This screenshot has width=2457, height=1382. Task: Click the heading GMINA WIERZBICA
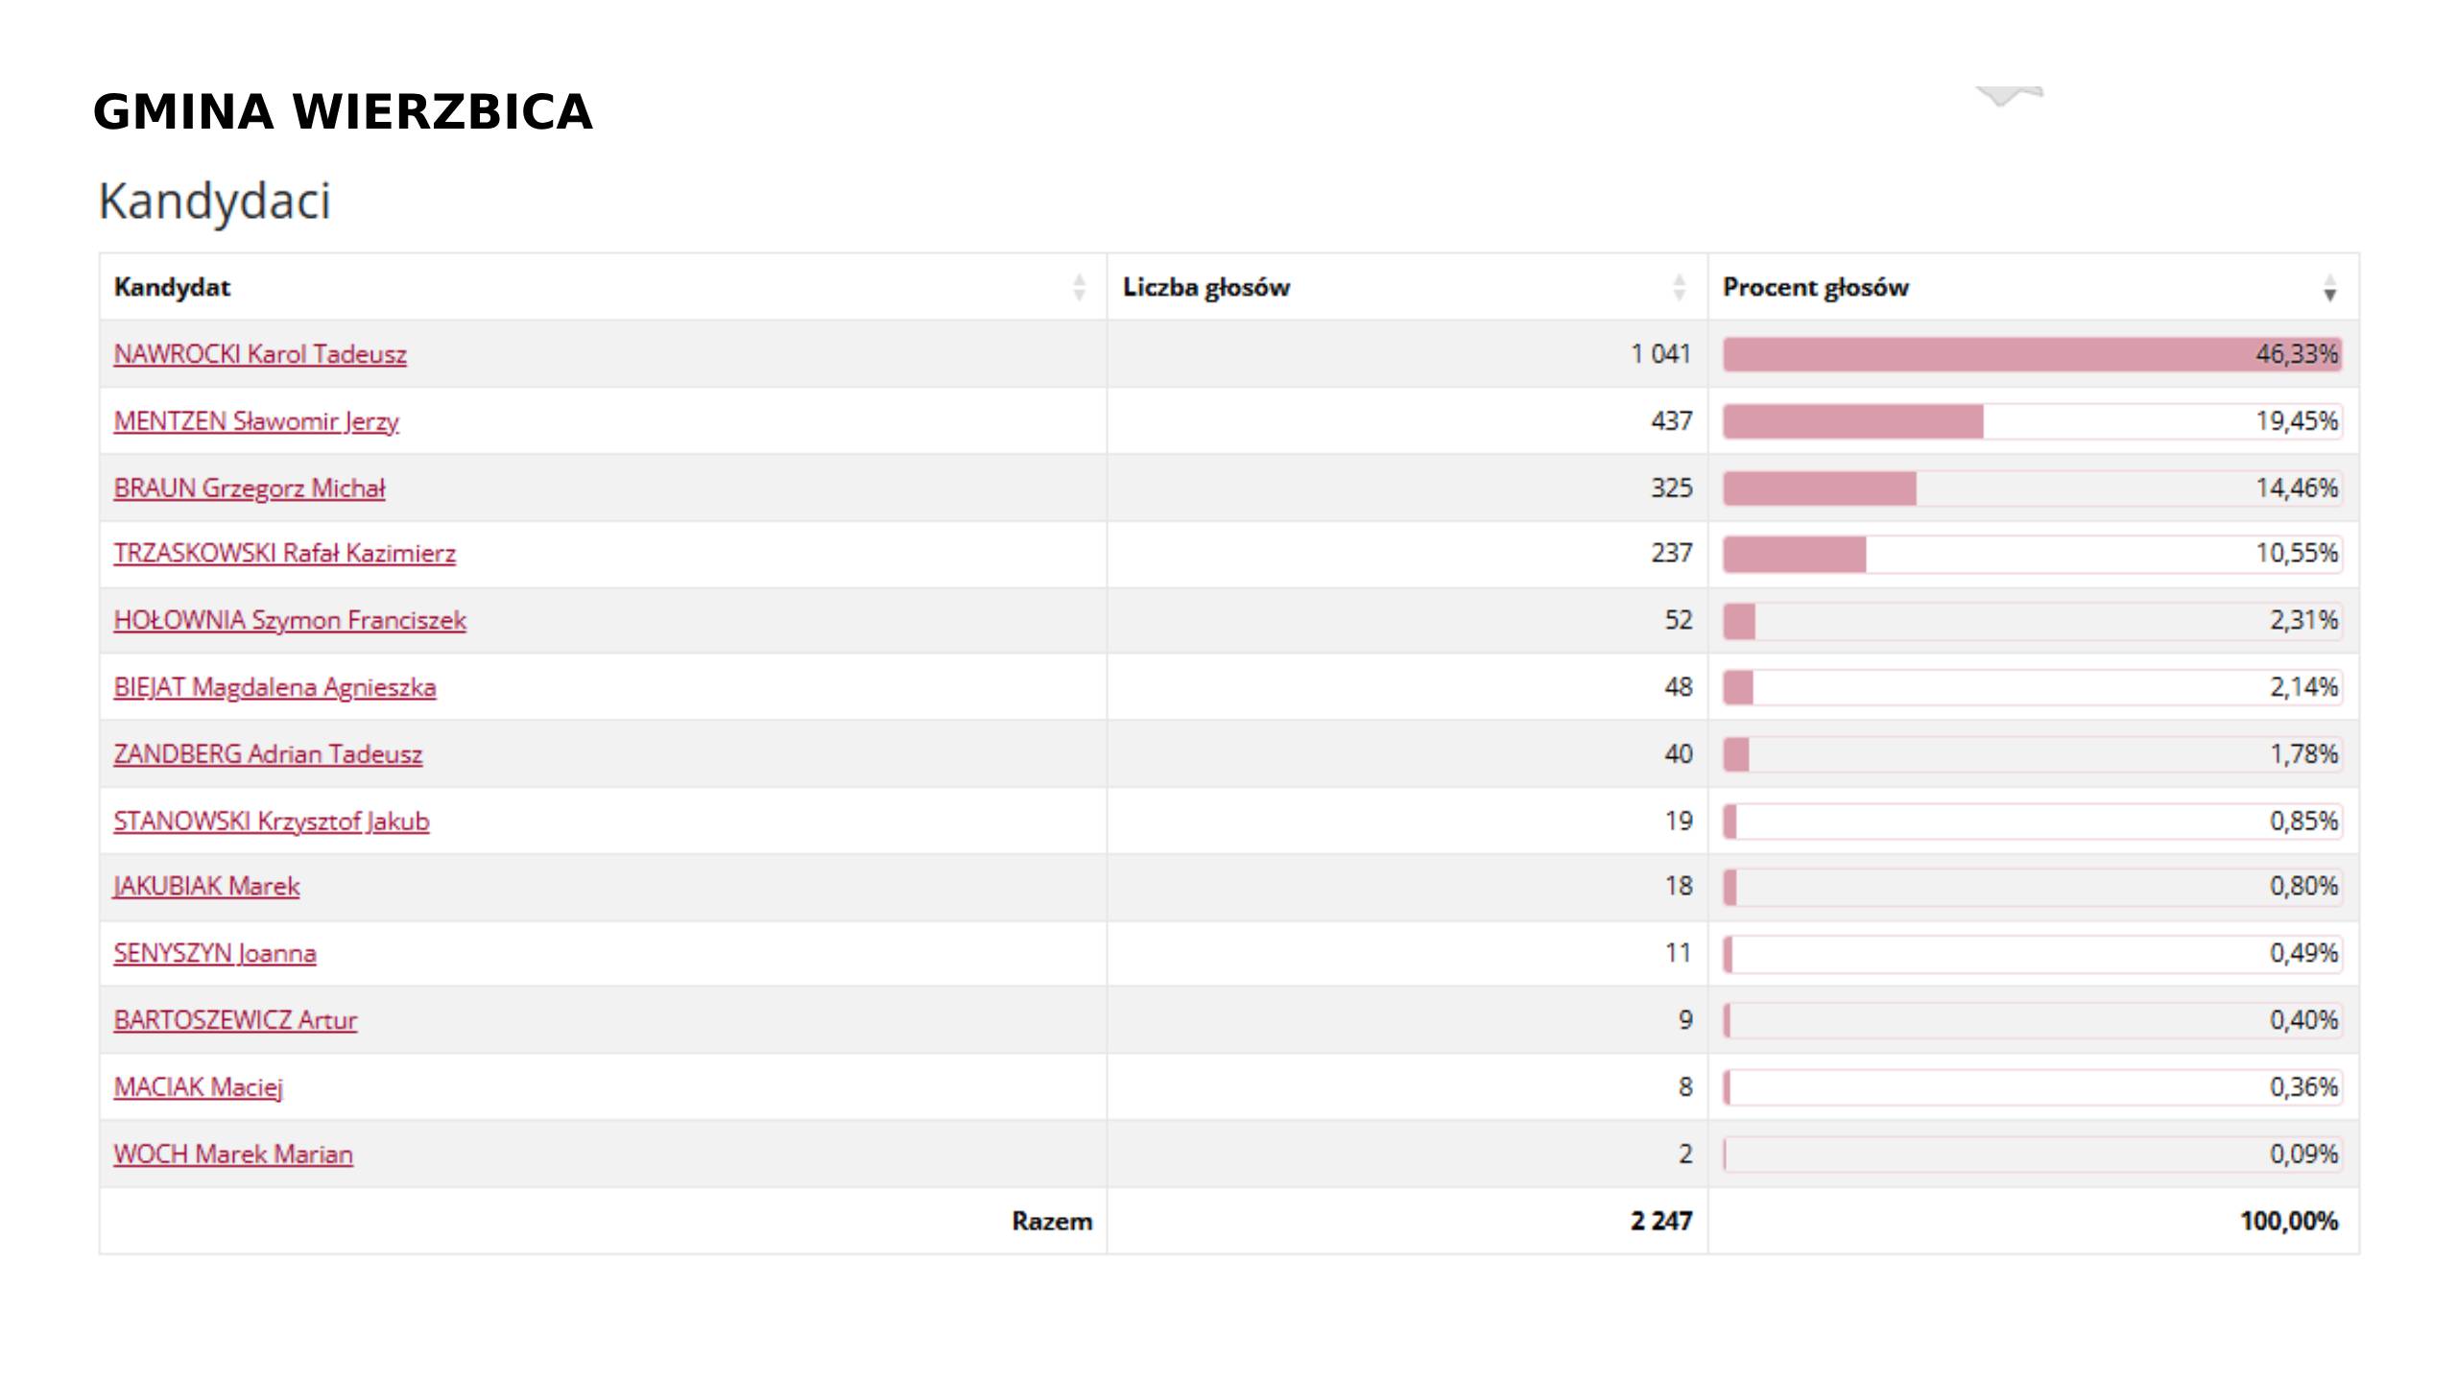343,112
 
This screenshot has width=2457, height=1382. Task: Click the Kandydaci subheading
214,202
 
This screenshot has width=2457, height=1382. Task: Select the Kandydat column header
173,287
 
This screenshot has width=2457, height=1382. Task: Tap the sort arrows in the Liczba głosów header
1679,287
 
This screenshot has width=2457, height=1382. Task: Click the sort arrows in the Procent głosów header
2329,287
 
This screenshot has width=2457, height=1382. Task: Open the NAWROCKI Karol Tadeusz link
260,354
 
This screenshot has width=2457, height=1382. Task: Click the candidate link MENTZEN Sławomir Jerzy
256,421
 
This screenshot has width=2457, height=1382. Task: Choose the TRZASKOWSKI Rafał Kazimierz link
284,554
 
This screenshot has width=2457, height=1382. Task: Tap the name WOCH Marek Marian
233,1154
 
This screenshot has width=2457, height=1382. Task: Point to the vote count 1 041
1660,354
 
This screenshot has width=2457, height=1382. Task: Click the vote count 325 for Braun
1671,488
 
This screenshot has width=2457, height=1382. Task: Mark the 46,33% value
2297,354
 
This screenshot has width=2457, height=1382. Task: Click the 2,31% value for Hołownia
2303,620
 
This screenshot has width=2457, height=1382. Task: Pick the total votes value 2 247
1660,1221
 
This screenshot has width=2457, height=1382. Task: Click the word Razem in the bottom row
1052,1221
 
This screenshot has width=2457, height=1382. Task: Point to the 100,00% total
2289,1221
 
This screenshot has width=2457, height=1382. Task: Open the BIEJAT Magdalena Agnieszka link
274,687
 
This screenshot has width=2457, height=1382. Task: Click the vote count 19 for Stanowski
1679,822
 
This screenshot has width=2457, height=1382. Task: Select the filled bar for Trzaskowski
1794,554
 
